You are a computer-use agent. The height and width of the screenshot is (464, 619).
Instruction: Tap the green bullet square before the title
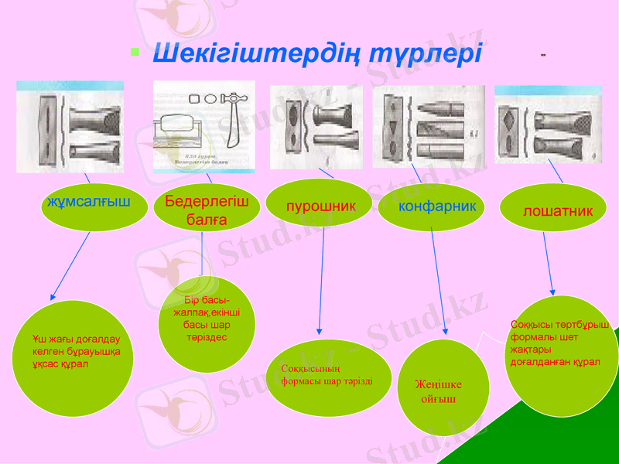pyautogui.click(x=135, y=53)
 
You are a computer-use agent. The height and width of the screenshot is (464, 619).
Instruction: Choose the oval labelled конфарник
pyautogui.click(x=430, y=206)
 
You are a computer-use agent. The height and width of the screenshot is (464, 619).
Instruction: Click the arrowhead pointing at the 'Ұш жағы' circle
pyautogui.click(x=53, y=296)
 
